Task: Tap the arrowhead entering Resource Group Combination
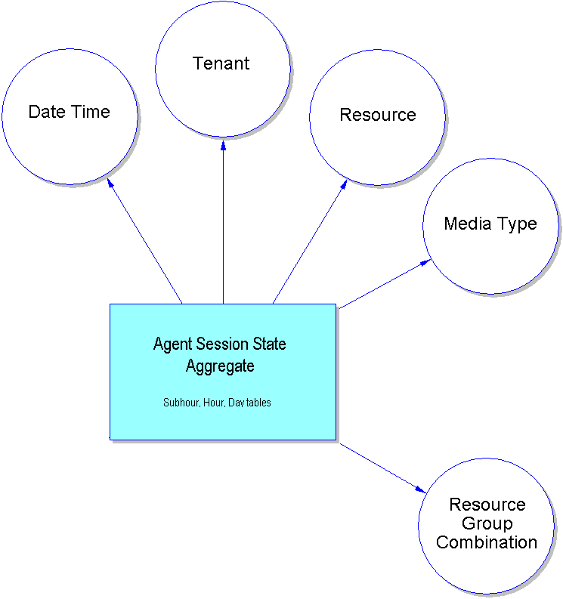pyautogui.click(x=422, y=489)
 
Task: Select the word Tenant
pyautogui.click(x=221, y=63)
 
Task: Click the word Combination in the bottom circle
pyautogui.click(x=487, y=542)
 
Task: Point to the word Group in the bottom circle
pyautogui.click(x=487, y=523)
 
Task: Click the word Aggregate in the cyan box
pyautogui.click(x=220, y=367)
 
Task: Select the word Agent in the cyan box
pyautogui.click(x=173, y=344)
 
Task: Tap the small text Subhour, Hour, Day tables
pyautogui.click(x=217, y=403)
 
